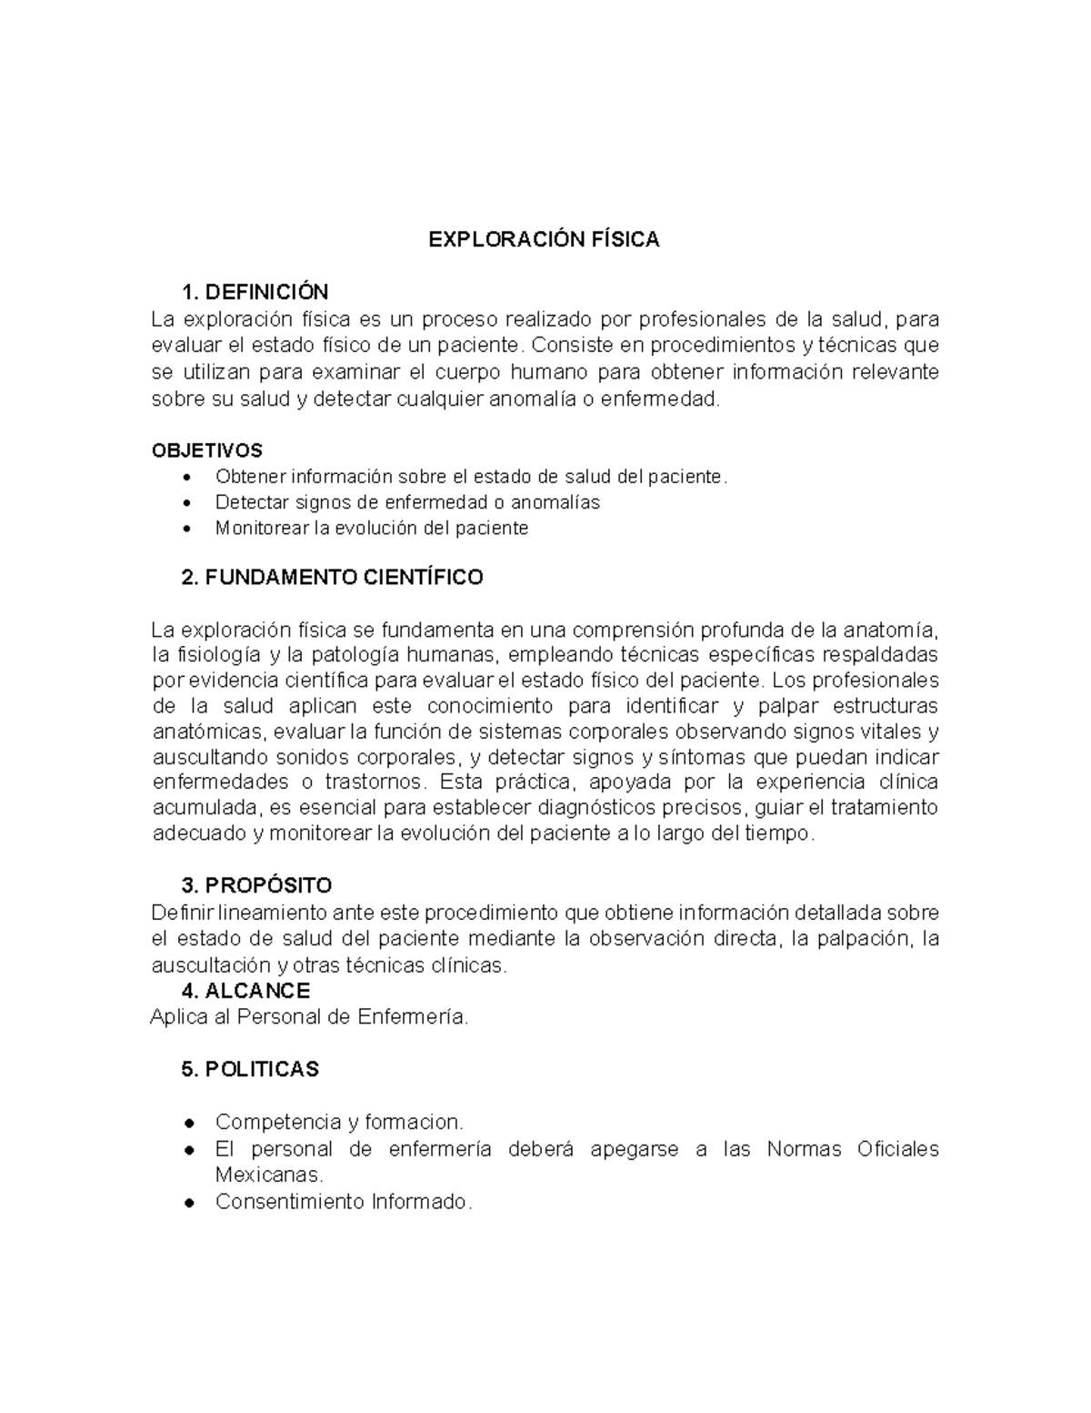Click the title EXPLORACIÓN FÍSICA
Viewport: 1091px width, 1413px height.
point(544,239)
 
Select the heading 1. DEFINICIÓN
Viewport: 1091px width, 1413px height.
point(255,292)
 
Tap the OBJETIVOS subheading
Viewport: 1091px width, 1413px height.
point(206,450)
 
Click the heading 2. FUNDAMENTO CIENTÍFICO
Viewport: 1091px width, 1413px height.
point(332,578)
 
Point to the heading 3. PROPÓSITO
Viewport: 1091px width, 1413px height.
point(256,885)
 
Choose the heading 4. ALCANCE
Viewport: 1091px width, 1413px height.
point(245,991)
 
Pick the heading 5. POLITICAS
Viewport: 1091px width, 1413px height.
point(250,1069)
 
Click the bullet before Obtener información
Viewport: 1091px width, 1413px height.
point(188,478)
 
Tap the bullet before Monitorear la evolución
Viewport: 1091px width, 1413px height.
point(188,529)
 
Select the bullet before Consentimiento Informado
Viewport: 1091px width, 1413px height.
point(188,1202)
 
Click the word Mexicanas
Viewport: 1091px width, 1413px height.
point(268,1175)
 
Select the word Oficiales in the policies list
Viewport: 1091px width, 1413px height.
point(897,1149)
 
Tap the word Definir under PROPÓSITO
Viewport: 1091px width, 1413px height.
point(181,913)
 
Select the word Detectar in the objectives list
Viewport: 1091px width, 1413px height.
point(249,503)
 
